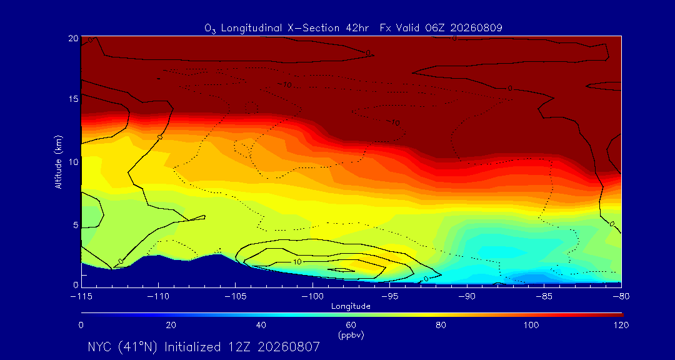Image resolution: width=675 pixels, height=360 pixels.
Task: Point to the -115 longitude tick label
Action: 81,296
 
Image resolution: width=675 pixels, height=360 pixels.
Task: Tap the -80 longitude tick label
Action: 621,296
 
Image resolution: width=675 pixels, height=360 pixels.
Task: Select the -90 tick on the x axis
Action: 467,296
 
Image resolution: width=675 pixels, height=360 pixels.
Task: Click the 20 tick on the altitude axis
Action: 73,38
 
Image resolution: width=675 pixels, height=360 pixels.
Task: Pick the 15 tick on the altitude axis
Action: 74,99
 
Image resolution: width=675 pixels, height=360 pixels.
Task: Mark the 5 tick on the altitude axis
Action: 76,225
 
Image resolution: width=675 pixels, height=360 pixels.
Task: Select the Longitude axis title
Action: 351,307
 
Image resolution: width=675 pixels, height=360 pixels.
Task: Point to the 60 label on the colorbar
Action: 351,325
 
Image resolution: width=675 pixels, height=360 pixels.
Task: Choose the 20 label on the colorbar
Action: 171,325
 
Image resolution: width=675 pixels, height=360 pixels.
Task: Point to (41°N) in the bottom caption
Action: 138,347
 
